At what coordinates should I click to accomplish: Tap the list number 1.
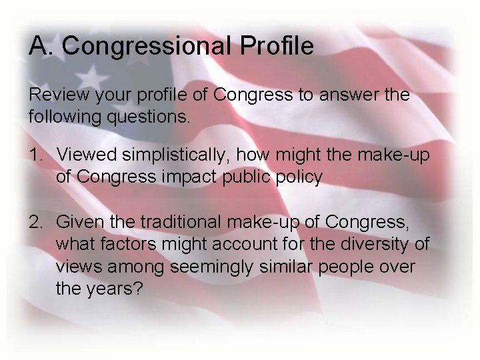coord(36,155)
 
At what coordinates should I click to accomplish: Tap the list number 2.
coord(36,221)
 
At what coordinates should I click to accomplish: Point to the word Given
coord(79,221)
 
